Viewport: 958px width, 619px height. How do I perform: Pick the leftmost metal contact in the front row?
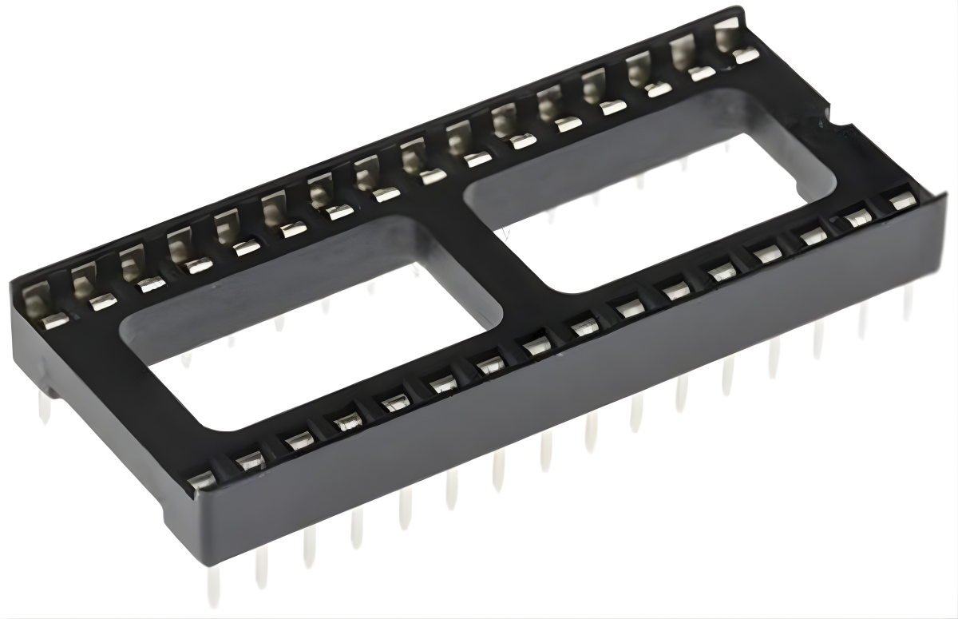(201, 479)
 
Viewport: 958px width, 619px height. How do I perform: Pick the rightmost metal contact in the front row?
(902, 201)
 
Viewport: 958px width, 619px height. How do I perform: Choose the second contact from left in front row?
(249, 460)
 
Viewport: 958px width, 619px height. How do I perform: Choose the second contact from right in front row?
(858, 217)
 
